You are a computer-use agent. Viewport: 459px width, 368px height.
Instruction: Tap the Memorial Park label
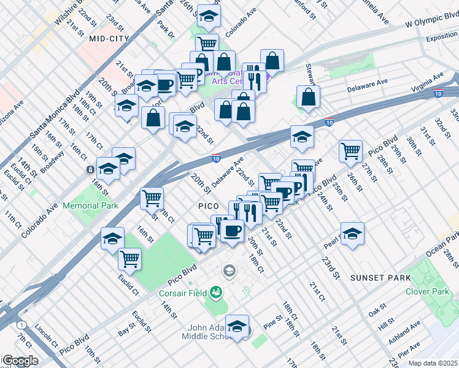coord(90,206)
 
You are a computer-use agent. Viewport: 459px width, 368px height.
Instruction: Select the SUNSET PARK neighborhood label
coord(380,278)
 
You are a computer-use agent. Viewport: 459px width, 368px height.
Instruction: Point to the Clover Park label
coord(426,291)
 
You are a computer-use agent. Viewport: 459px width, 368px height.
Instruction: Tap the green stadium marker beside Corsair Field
coord(216,291)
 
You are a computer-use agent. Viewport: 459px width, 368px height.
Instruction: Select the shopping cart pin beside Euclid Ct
coord(129,259)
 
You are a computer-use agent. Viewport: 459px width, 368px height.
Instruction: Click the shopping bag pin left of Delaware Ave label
coord(308,96)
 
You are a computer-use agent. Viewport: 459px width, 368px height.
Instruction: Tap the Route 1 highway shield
coord(22,324)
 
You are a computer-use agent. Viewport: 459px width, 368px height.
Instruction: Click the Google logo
coord(20,361)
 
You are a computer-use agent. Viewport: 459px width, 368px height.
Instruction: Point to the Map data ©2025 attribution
coord(433,363)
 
